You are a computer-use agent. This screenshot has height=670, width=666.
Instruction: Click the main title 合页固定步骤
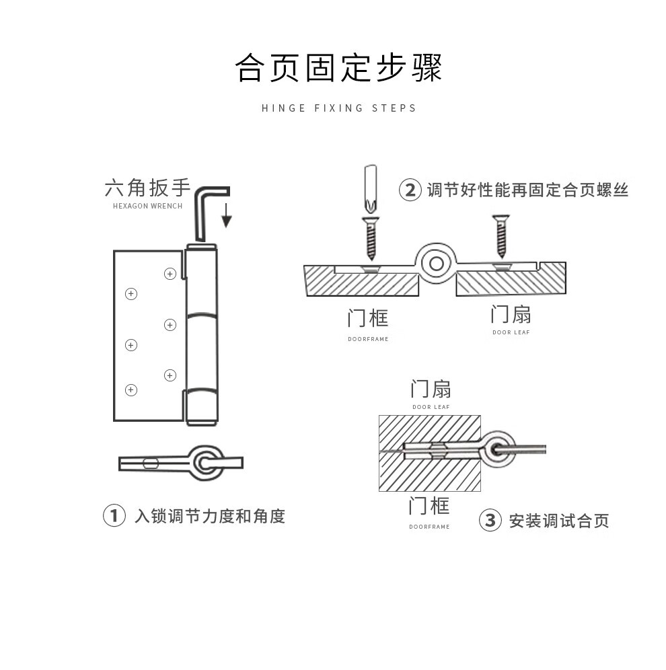(338, 68)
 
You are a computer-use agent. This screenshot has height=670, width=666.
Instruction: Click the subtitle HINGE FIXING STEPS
(338, 108)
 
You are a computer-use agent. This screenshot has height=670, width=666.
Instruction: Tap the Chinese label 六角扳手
(147, 188)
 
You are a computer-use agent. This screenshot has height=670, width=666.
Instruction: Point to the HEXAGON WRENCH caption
(147, 206)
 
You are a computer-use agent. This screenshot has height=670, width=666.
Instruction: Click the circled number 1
(114, 515)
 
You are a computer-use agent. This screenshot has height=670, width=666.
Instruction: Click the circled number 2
(410, 190)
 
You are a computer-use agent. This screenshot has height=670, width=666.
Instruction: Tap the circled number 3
(490, 520)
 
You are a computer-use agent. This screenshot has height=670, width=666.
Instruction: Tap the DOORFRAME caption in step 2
(368, 339)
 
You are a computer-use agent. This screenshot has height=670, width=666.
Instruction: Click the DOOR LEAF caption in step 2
(511, 332)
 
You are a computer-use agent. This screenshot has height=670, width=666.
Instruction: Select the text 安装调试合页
(558, 521)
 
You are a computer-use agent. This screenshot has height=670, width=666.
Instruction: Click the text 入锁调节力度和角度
(209, 516)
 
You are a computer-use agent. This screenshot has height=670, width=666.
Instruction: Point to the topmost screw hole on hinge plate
(170, 273)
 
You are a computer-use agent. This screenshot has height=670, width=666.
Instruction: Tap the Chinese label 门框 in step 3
(429, 505)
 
